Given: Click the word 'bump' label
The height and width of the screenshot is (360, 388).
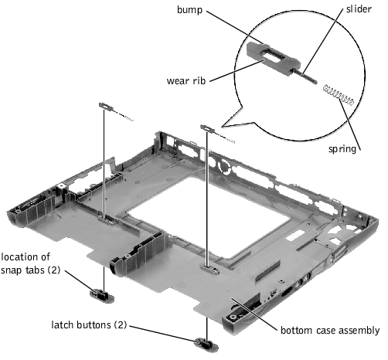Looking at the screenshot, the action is [x=189, y=10].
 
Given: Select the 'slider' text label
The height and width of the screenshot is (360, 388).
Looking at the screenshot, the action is [x=359, y=9].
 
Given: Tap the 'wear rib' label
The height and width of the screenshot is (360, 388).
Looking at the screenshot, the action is [x=186, y=80].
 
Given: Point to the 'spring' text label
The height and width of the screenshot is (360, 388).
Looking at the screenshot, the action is [x=342, y=149].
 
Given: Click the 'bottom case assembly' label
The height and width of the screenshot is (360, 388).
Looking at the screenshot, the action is [x=330, y=330].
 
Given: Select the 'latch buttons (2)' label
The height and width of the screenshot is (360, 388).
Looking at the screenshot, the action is [x=89, y=324].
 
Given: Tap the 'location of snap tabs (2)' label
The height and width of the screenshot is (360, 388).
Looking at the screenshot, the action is [x=30, y=263].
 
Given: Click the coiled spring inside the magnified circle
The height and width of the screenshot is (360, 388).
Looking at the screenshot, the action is [x=339, y=95].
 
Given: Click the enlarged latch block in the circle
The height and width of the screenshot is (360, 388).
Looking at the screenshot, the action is [x=273, y=59].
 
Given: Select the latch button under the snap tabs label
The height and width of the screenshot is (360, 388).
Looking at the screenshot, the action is [x=102, y=295].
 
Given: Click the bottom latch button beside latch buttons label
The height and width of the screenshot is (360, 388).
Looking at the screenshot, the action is [x=206, y=344].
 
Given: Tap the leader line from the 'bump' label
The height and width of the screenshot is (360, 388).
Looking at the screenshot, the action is [x=234, y=28].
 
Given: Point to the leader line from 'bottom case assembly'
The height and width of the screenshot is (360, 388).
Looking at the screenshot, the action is [x=254, y=313].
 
